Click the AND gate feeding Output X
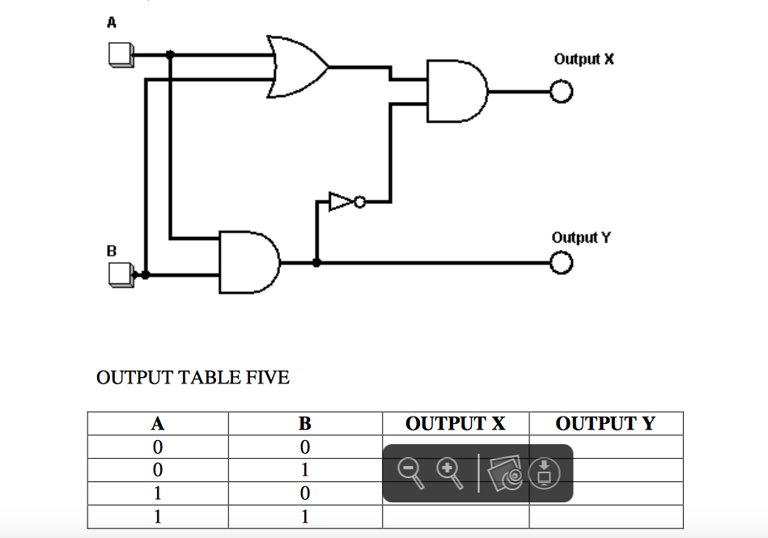pyautogui.click(x=456, y=91)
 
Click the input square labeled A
pyautogui.click(x=119, y=55)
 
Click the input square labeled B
pyautogui.click(x=120, y=276)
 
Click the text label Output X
pyautogui.click(x=583, y=59)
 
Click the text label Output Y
pyautogui.click(x=581, y=237)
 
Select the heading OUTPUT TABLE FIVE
pyautogui.click(x=193, y=378)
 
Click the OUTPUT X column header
pyautogui.click(x=455, y=423)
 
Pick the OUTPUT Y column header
pyautogui.click(x=605, y=423)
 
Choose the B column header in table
pyautogui.click(x=304, y=423)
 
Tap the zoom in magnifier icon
pyautogui.click(x=450, y=472)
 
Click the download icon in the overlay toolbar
pyautogui.click(x=545, y=472)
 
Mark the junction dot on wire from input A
pyautogui.click(x=170, y=55)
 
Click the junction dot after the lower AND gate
pyautogui.click(x=316, y=263)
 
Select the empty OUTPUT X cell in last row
pyautogui.click(x=455, y=516)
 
